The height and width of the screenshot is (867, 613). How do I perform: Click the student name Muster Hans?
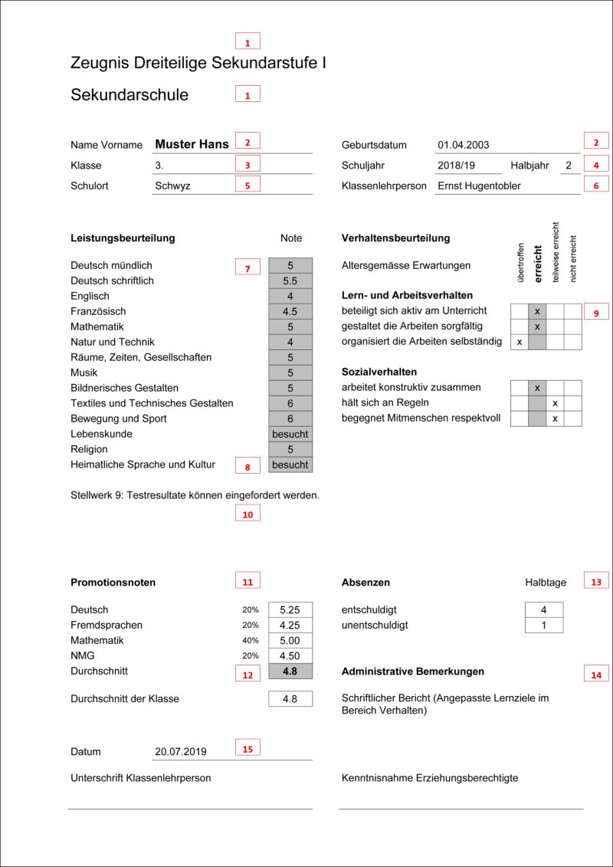[x=192, y=144]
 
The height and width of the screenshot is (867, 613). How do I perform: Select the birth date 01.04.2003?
[x=464, y=145]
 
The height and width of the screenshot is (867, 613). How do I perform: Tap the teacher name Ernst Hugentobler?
[x=479, y=186]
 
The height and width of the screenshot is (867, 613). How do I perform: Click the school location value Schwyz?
[x=172, y=186]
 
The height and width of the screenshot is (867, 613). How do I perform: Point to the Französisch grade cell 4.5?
[x=290, y=311]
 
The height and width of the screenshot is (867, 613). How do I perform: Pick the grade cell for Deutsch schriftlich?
[x=290, y=281]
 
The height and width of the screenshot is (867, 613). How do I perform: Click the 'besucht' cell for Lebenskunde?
[x=290, y=434]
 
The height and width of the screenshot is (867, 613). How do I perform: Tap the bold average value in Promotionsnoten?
[x=290, y=672]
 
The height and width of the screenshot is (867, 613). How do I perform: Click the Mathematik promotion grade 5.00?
[x=290, y=641]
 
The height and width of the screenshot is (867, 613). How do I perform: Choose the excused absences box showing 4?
[x=544, y=610]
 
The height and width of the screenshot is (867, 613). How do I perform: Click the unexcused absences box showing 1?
[x=544, y=626]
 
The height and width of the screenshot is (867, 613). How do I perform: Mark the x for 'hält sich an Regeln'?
[x=555, y=403]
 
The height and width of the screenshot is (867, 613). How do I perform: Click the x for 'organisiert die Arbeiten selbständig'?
[x=520, y=342]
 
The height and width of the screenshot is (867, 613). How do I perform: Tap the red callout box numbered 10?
[x=247, y=514]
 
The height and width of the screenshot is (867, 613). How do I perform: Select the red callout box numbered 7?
[x=247, y=268]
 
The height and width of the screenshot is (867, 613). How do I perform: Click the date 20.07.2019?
[x=180, y=752]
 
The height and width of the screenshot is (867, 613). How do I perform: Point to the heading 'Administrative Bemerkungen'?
[x=413, y=672]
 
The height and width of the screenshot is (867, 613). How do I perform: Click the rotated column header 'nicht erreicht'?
[x=573, y=258]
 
